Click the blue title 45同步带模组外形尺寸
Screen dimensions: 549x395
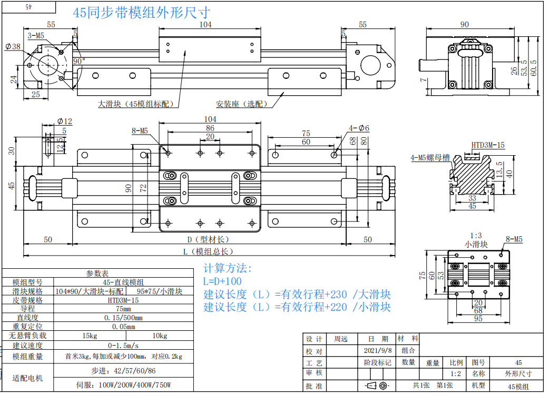coord(141,13)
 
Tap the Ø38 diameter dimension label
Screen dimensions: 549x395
coord(13,46)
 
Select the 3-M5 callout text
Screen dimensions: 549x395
coord(36,36)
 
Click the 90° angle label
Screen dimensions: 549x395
coord(79,61)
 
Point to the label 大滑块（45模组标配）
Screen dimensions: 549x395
coord(135,104)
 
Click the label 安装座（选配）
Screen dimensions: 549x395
coord(242,104)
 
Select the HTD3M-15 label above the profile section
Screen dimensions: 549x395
coord(488,145)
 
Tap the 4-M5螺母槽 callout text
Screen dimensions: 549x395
coord(430,158)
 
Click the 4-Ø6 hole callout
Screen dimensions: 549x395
coord(359,128)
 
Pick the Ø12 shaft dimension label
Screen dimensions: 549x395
coord(65,121)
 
